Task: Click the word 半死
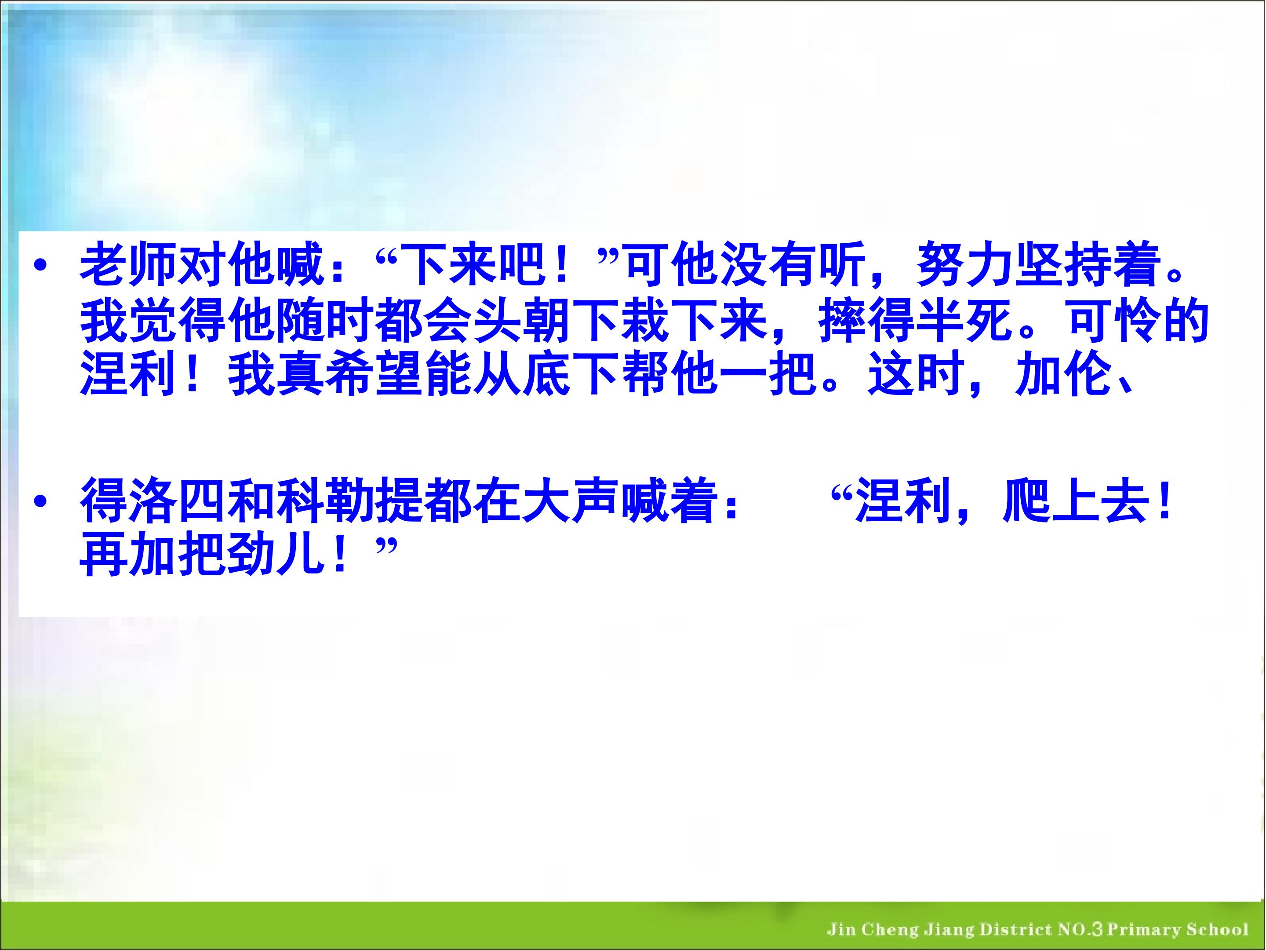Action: pyautogui.click(x=965, y=321)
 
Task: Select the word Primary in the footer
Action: pyautogui.click(x=1143, y=929)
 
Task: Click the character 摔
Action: pyautogui.click(x=843, y=321)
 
